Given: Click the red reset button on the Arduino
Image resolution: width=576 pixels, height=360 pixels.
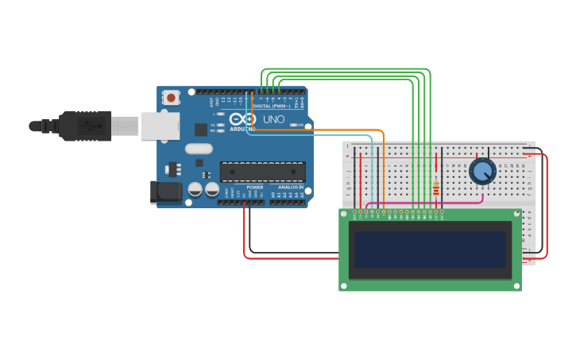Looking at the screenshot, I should [x=170, y=98].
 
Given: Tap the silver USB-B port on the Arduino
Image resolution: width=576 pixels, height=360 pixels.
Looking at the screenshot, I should [x=160, y=126].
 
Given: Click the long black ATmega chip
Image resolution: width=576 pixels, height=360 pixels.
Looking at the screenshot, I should [x=263, y=171].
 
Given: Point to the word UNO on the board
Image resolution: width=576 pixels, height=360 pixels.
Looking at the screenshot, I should [x=273, y=120].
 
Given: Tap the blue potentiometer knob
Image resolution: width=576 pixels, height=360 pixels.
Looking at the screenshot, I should [x=482, y=171].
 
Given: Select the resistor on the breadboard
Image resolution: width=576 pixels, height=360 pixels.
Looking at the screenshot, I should [x=436, y=188].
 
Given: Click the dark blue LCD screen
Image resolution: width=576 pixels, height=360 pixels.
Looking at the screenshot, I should [x=430, y=250].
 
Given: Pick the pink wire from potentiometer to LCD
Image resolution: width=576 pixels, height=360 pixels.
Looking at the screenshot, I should [x=445, y=203].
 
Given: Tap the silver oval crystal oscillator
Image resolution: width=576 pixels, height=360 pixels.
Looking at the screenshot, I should [x=199, y=149].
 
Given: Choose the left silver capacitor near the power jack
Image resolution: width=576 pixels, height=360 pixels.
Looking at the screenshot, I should [x=195, y=189].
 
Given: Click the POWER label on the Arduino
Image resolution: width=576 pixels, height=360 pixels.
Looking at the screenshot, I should [x=254, y=187].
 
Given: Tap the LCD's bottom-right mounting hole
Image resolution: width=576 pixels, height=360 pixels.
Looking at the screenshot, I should [x=516, y=285].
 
